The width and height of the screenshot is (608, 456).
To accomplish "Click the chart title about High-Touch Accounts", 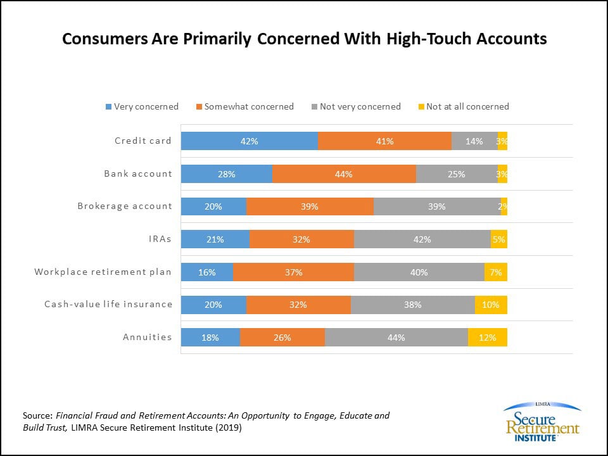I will [x=304, y=39].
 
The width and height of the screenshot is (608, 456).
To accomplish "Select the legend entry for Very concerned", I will [x=142, y=106].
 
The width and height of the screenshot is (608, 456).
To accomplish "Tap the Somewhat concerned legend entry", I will [x=244, y=106].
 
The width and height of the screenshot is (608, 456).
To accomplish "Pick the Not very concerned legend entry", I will [x=355, y=106].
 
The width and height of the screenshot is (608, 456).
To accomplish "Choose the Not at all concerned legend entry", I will [x=462, y=106].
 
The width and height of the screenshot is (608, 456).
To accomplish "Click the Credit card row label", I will [x=142, y=141].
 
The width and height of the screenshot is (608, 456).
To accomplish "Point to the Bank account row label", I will [x=138, y=174].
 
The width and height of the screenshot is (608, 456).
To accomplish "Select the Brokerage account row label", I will [x=125, y=206].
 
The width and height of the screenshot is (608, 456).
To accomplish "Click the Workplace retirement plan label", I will [x=103, y=272].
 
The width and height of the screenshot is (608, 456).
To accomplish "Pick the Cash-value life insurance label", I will [x=108, y=304].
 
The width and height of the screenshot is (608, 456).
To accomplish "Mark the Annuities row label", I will [x=147, y=337].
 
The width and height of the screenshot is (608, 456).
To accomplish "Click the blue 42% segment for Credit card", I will [x=249, y=141].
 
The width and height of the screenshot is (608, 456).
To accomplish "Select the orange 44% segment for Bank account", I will [x=344, y=174].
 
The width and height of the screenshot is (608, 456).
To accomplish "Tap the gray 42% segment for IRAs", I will [x=422, y=239].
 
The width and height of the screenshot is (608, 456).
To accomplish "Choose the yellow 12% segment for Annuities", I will [x=487, y=338].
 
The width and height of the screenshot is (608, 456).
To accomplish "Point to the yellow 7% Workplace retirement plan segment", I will [x=495, y=272].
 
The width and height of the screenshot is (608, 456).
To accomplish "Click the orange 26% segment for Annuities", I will [x=282, y=338].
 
